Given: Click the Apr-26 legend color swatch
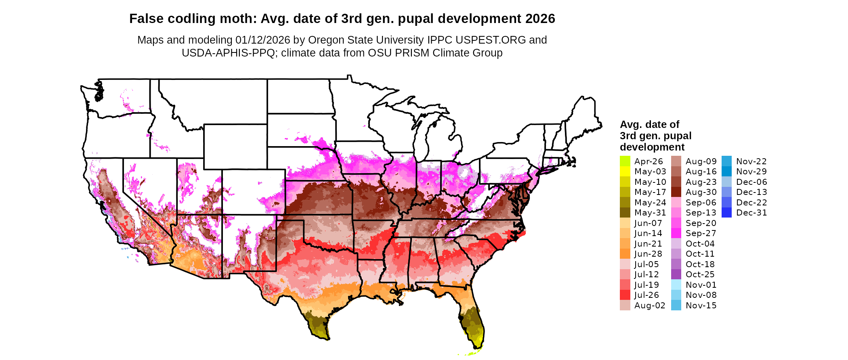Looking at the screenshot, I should (x=625, y=161).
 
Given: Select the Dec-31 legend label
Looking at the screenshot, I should (x=751, y=213).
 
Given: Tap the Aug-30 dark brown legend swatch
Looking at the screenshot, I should (x=676, y=192).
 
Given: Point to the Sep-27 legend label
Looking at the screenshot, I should (x=701, y=233).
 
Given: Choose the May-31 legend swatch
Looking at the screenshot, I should (x=625, y=213).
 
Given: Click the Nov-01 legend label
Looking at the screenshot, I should (x=701, y=285).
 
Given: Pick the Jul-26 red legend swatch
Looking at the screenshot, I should (x=625, y=295).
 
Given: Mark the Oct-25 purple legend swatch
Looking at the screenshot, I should (x=676, y=274).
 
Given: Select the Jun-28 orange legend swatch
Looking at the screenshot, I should (x=625, y=254).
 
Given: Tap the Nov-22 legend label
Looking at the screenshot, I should (x=751, y=161).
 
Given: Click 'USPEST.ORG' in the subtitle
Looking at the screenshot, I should (x=491, y=40).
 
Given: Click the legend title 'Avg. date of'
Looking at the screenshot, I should (x=649, y=124).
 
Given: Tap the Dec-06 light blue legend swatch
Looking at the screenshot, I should (x=726, y=182).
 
